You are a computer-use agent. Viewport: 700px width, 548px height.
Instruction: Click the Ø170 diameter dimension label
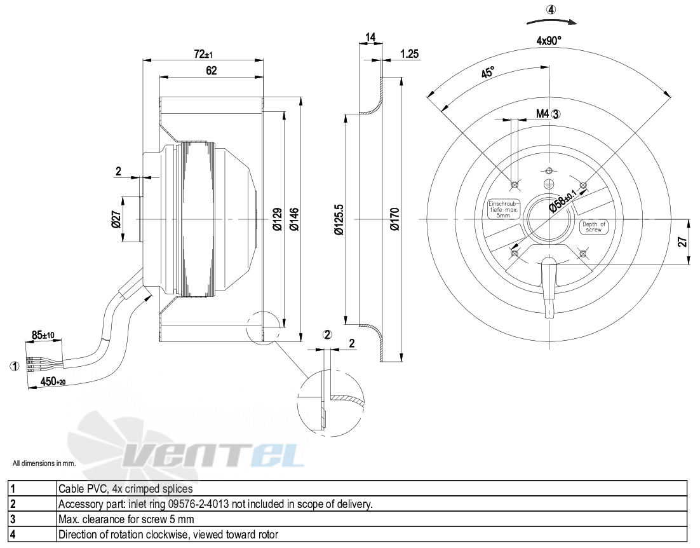click(x=394, y=219)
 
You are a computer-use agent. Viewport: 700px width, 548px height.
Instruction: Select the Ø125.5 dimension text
click(x=339, y=219)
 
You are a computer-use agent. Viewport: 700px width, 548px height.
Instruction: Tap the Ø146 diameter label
click(x=294, y=219)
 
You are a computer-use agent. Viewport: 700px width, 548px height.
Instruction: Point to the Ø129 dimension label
click(x=277, y=219)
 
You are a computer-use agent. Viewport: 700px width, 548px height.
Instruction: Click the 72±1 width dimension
click(x=203, y=54)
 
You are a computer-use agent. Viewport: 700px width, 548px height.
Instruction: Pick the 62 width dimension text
click(x=211, y=71)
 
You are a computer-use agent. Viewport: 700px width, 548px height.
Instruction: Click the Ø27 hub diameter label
click(x=116, y=219)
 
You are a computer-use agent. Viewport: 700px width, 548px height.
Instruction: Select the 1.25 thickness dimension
click(x=409, y=53)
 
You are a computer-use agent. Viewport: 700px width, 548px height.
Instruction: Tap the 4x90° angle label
click(x=549, y=41)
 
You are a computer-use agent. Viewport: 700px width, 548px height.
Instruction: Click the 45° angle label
click(x=487, y=72)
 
